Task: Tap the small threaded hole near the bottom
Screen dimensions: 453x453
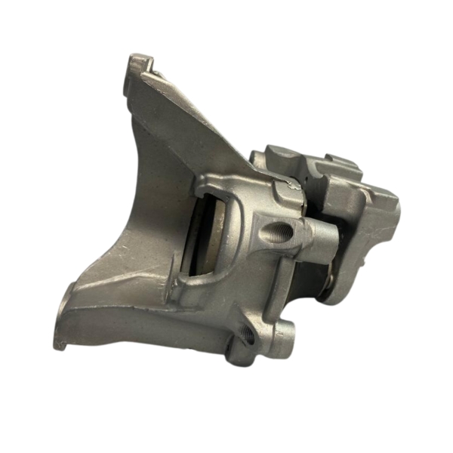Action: coord(248,334)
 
